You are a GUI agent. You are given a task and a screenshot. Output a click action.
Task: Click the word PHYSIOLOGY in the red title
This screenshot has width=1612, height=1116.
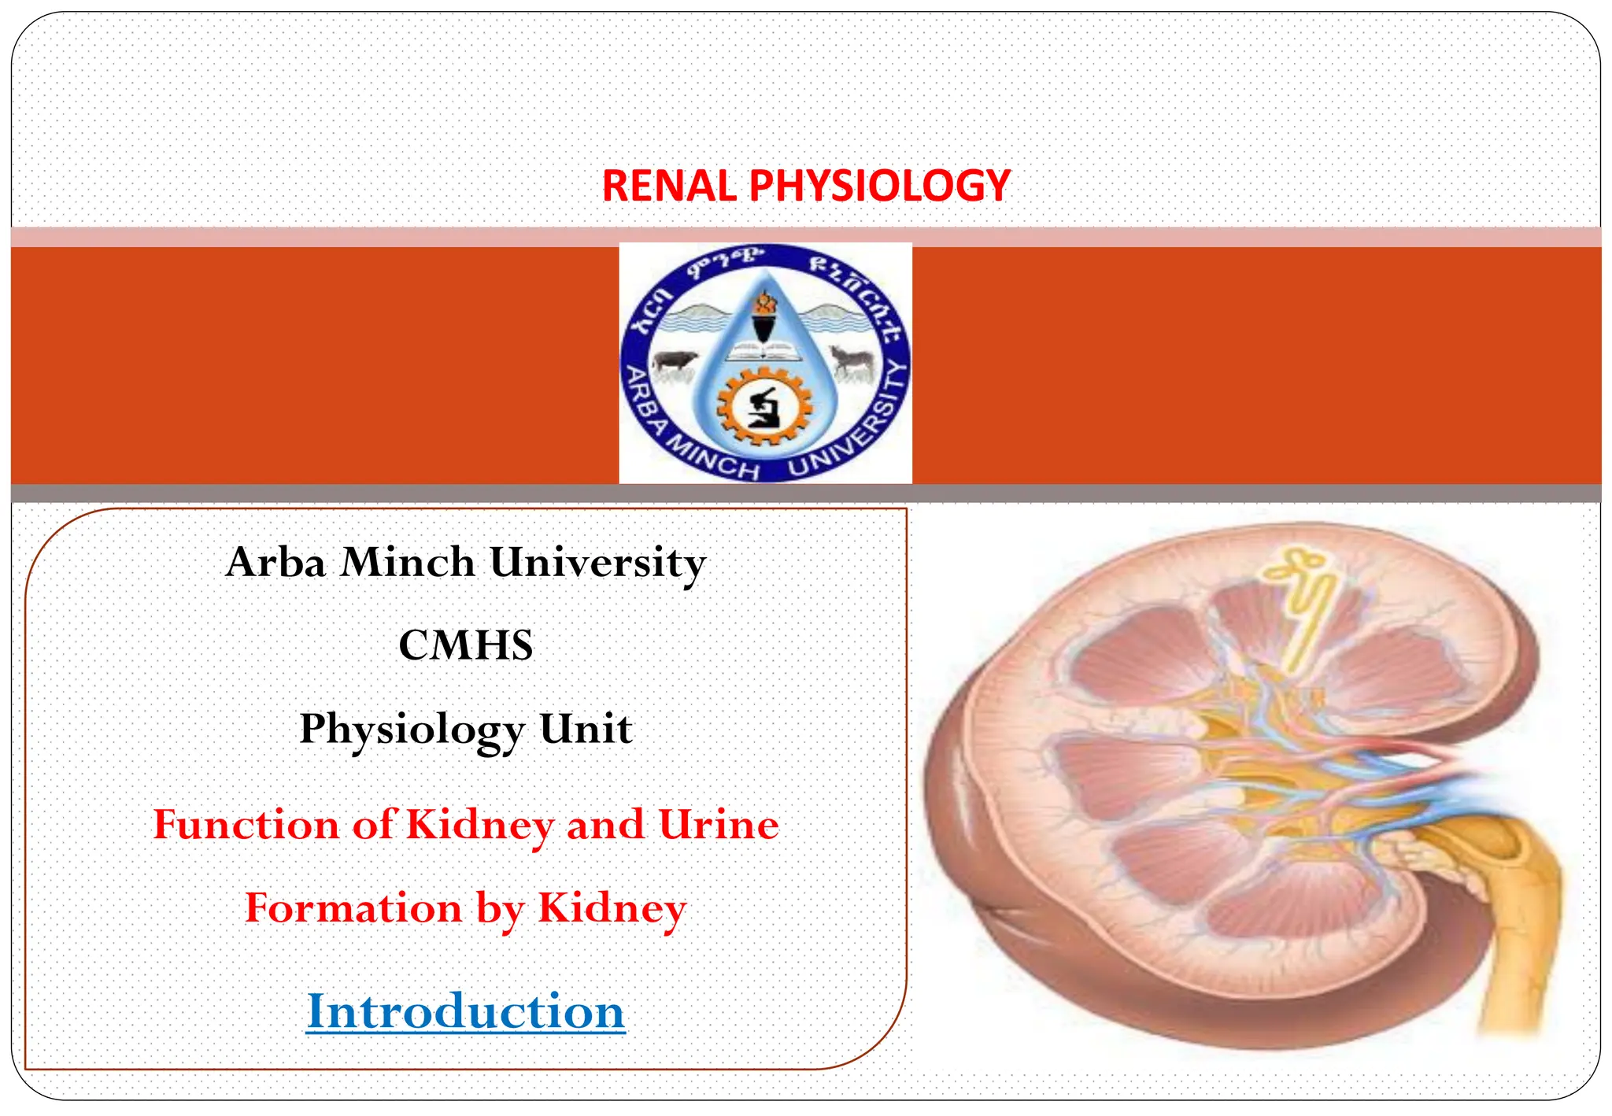pos(879,187)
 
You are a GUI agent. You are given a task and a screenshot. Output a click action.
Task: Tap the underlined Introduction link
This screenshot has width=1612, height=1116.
pos(465,1011)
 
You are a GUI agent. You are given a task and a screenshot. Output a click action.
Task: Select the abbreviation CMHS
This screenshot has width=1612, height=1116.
pos(466,645)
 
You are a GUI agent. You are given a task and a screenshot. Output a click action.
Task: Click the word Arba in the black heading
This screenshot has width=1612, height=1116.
pos(275,563)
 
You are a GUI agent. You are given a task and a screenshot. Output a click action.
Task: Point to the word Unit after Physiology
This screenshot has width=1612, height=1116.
pos(586,729)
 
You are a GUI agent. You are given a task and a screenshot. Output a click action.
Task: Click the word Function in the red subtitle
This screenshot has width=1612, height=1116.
pos(246,825)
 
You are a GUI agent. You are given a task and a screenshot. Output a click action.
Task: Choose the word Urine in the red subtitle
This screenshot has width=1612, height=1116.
pos(719,825)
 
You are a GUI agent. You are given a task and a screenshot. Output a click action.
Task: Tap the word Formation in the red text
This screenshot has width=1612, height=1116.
pos(353,908)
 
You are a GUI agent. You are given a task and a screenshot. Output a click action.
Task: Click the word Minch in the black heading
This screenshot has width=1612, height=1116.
pos(408,563)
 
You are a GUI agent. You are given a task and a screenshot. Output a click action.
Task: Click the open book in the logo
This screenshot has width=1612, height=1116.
pos(761,351)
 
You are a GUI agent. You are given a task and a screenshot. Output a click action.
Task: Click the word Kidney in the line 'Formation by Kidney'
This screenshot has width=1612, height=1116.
pos(612,908)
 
